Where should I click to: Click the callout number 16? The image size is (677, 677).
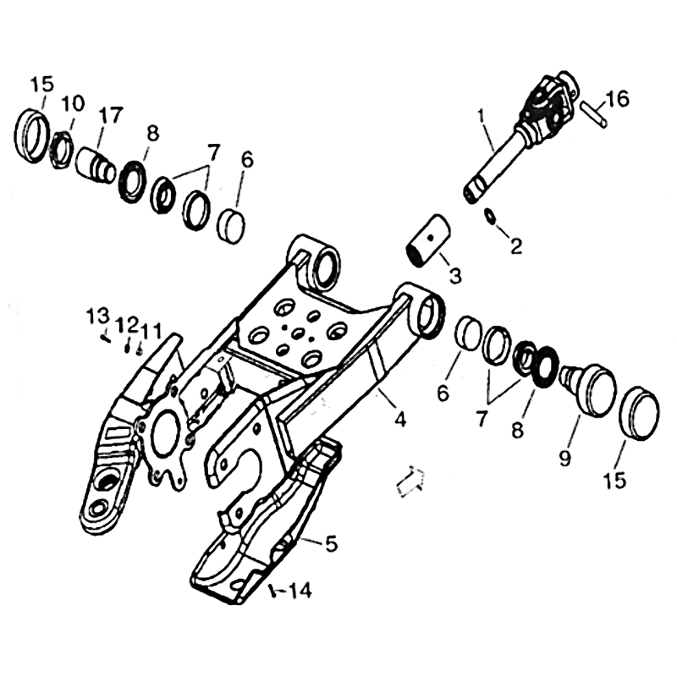click(x=617, y=100)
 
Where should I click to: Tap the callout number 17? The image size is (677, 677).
click(x=111, y=115)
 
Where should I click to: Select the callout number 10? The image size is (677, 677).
click(x=72, y=104)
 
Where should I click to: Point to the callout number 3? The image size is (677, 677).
click(x=454, y=275)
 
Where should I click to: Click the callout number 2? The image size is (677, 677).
click(x=515, y=246)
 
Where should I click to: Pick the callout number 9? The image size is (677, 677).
click(x=564, y=457)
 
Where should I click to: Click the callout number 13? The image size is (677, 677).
click(x=97, y=316)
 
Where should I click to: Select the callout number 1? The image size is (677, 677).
click(x=481, y=117)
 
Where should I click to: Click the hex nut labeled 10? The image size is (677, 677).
click(x=62, y=150)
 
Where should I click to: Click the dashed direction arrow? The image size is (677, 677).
click(x=410, y=481)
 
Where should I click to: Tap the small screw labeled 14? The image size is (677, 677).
click(x=272, y=591)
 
